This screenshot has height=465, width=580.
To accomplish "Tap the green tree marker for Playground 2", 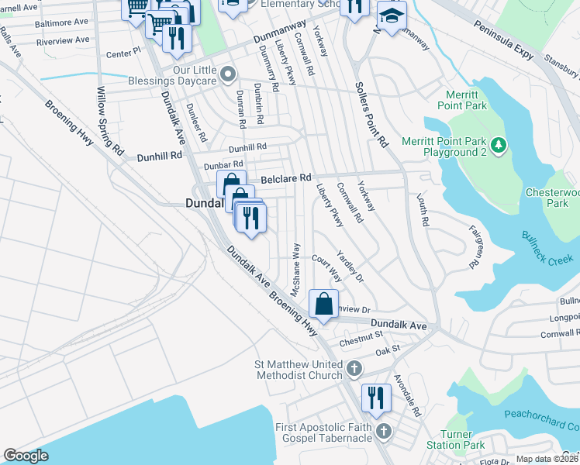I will pos(500,143).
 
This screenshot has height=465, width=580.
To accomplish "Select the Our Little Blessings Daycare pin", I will pos(227,74).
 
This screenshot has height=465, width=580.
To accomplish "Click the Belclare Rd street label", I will pos(285,178).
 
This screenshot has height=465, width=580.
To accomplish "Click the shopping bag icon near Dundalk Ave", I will pos(324,304).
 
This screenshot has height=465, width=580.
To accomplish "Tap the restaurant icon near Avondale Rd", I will pos(377,398).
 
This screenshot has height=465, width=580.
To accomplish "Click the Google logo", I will pos(26,456).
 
